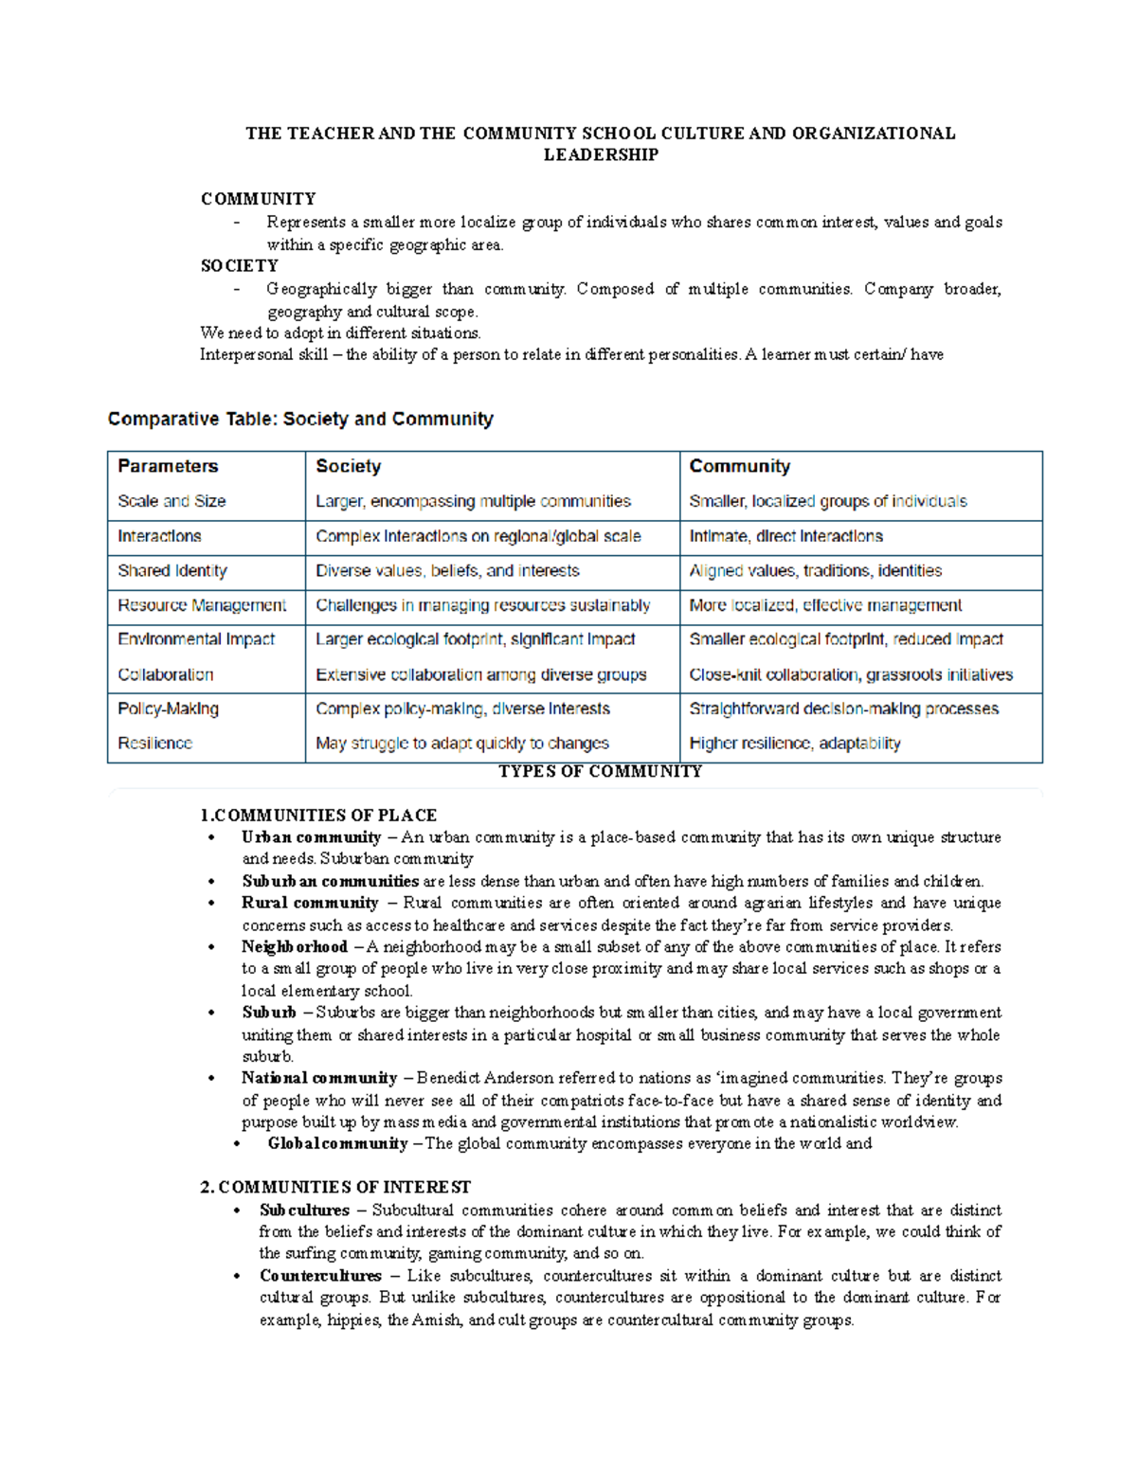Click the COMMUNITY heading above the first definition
pyautogui.click(x=258, y=199)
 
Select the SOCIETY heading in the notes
pyautogui.click(x=239, y=266)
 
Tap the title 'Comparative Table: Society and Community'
pyautogui.click(x=300, y=419)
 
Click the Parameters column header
pyautogui.click(x=168, y=466)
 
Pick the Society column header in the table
pyautogui.click(x=348, y=466)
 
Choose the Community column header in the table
pyautogui.click(x=739, y=466)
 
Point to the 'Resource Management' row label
pyautogui.click(x=202, y=605)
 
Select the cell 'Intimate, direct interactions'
pyautogui.click(x=785, y=536)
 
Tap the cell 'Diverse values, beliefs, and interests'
pyautogui.click(x=447, y=571)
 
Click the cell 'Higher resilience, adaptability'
pyautogui.click(x=794, y=744)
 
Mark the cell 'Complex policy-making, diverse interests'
pyautogui.click(x=462, y=709)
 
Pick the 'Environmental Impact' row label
pyautogui.click(x=196, y=639)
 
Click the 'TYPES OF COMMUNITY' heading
pyautogui.click(x=600, y=771)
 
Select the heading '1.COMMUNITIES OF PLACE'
pyautogui.click(x=318, y=816)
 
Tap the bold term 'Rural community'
pyautogui.click(x=310, y=903)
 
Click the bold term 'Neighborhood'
pyautogui.click(x=295, y=946)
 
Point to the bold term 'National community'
pyautogui.click(x=319, y=1078)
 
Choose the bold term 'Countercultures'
pyautogui.click(x=320, y=1276)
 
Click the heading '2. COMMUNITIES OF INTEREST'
pyautogui.click(x=335, y=1187)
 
